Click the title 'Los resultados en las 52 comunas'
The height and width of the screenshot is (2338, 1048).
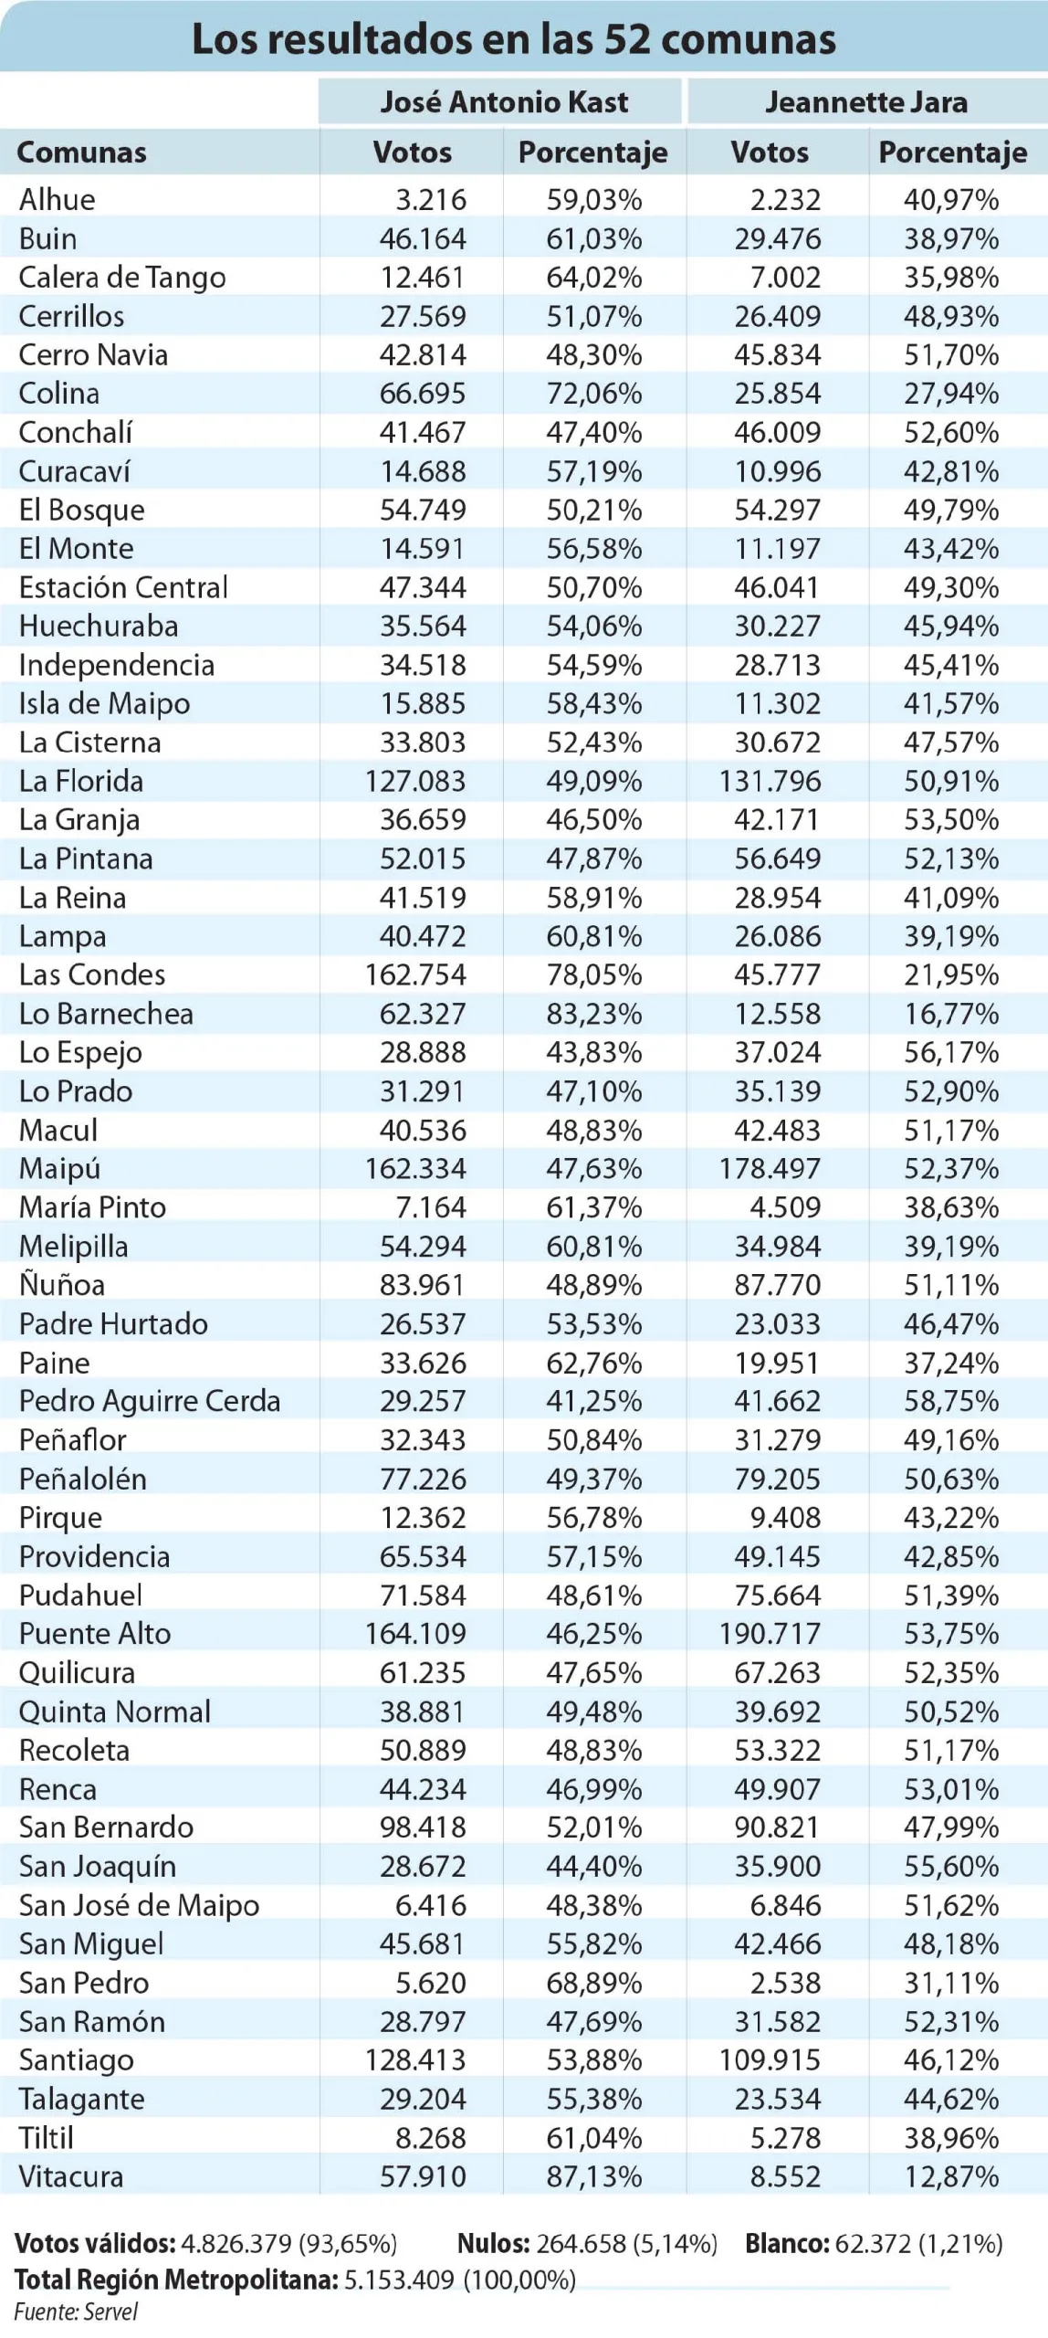(514, 39)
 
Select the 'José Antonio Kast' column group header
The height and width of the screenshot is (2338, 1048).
(504, 101)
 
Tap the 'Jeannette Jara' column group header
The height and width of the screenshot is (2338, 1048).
(866, 101)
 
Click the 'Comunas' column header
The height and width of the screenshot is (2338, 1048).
(81, 152)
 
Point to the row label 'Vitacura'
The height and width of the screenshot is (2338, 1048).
(70, 2176)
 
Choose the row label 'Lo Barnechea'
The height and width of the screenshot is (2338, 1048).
(106, 1014)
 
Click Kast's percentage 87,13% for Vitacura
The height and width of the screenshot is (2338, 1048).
(594, 2176)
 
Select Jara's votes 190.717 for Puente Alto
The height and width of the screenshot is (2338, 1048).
(770, 1633)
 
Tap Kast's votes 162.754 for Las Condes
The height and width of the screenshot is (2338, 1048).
(415, 974)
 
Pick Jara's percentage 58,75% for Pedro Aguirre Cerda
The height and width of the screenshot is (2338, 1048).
(951, 1400)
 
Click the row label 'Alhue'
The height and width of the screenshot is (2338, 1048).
(57, 199)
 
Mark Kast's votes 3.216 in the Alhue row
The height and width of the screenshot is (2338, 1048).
(431, 199)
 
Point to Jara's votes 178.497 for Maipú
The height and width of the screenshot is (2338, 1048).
(770, 1168)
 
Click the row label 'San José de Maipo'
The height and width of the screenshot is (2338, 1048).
(139, 1905)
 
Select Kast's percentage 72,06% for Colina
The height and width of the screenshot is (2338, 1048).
(594, 393)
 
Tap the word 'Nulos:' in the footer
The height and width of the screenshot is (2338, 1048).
(493, 2243)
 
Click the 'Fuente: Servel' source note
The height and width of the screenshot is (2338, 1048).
(76, 2312)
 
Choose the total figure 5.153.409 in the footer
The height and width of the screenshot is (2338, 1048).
(399, 2280)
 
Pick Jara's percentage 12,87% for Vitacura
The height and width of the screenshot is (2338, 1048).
(951, 2176)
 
